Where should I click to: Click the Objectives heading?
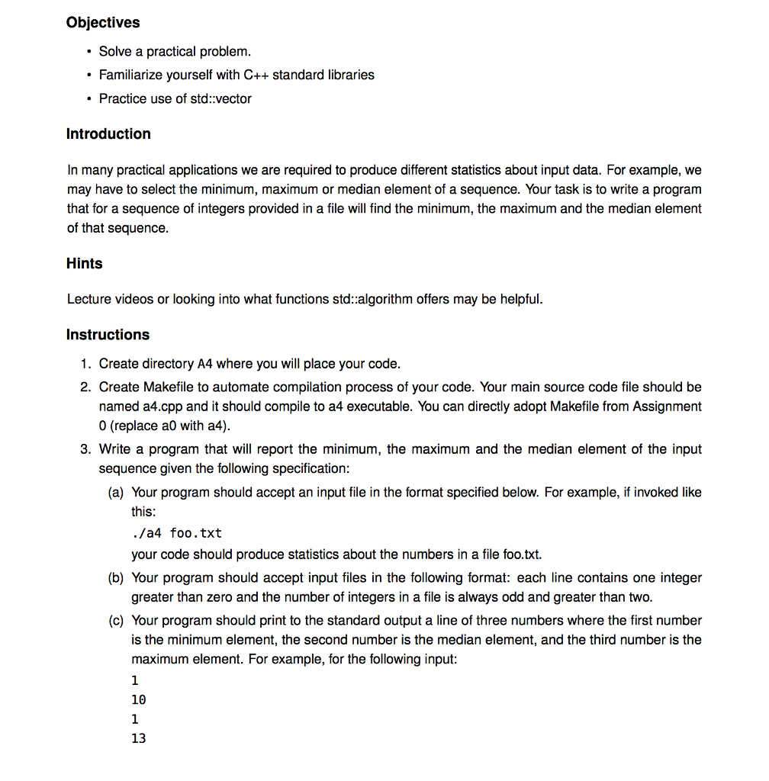click(x=103, y=23)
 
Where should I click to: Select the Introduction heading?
click(x=108, y=134)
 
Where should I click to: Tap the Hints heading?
click(x=84, y=264)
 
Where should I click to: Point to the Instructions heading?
click(x=108, y=335)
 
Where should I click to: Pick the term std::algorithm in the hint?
click(x=368, y=299)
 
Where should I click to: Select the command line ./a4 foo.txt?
click(x=176, y=532)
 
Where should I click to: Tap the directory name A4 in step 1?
click(x=205, y=364)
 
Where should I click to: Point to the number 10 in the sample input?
click(x=138, y=699)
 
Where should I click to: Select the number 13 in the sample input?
click(x=138, y=738)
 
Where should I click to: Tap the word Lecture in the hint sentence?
click(x=89, y=299)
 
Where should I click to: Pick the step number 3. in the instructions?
click(x=86, y=449)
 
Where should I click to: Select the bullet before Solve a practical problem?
click(x=89, y=52)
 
